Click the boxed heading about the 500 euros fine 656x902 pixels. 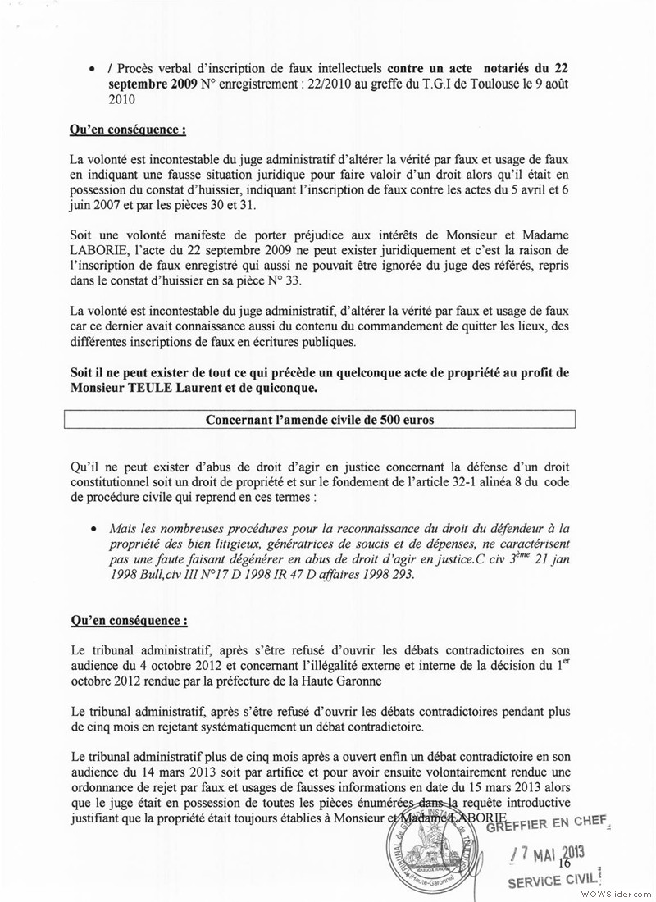[x=320, y=419]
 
